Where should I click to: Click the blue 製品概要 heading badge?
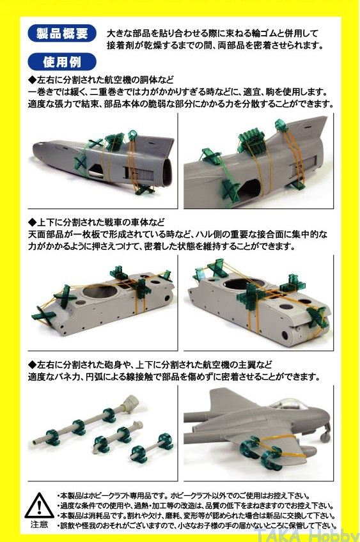tap(62, 33)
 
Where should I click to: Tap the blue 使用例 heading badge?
tap(62, 62)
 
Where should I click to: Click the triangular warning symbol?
tap(40, 506)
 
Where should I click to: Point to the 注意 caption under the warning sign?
tap(39, 524)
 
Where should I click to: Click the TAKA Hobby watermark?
tap(306, 535)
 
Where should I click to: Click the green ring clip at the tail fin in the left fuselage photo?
tap(132, 135)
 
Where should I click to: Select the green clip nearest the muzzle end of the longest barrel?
tap(52, 437)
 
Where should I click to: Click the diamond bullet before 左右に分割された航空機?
tap(32, 80)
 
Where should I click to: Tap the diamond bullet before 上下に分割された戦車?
tap(32, 222)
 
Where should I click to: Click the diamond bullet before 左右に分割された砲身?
tap(32, 364)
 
